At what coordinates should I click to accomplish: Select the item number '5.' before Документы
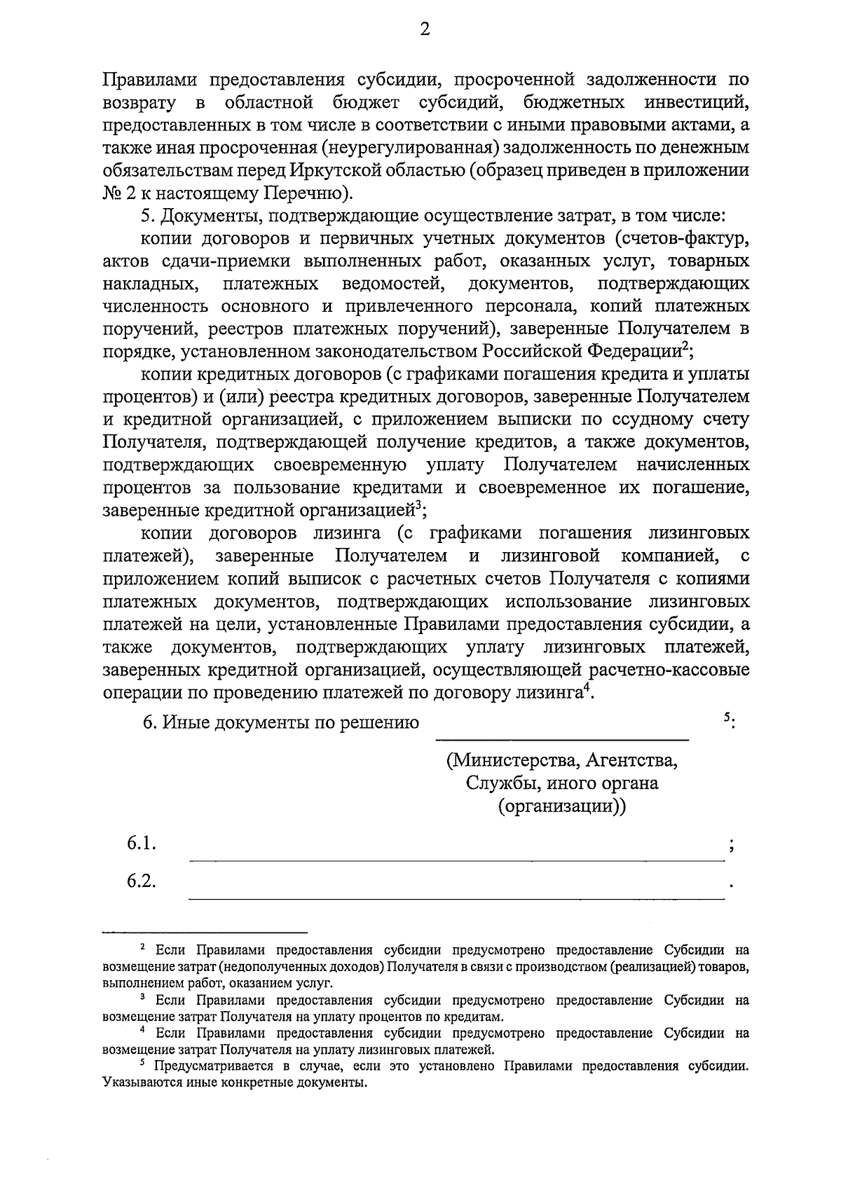point(146,216)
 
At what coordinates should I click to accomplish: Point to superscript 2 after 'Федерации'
point(686,346)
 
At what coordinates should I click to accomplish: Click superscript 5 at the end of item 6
point(726,717)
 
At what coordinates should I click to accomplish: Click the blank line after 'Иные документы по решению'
point(562,737)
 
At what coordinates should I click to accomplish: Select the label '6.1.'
point(141,844)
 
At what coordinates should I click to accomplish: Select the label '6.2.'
point(141,881)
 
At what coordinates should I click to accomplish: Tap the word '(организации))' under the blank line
point(562,806)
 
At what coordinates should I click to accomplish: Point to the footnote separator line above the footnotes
point(205,933)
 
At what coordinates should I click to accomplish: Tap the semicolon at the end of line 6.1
point(732,846)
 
